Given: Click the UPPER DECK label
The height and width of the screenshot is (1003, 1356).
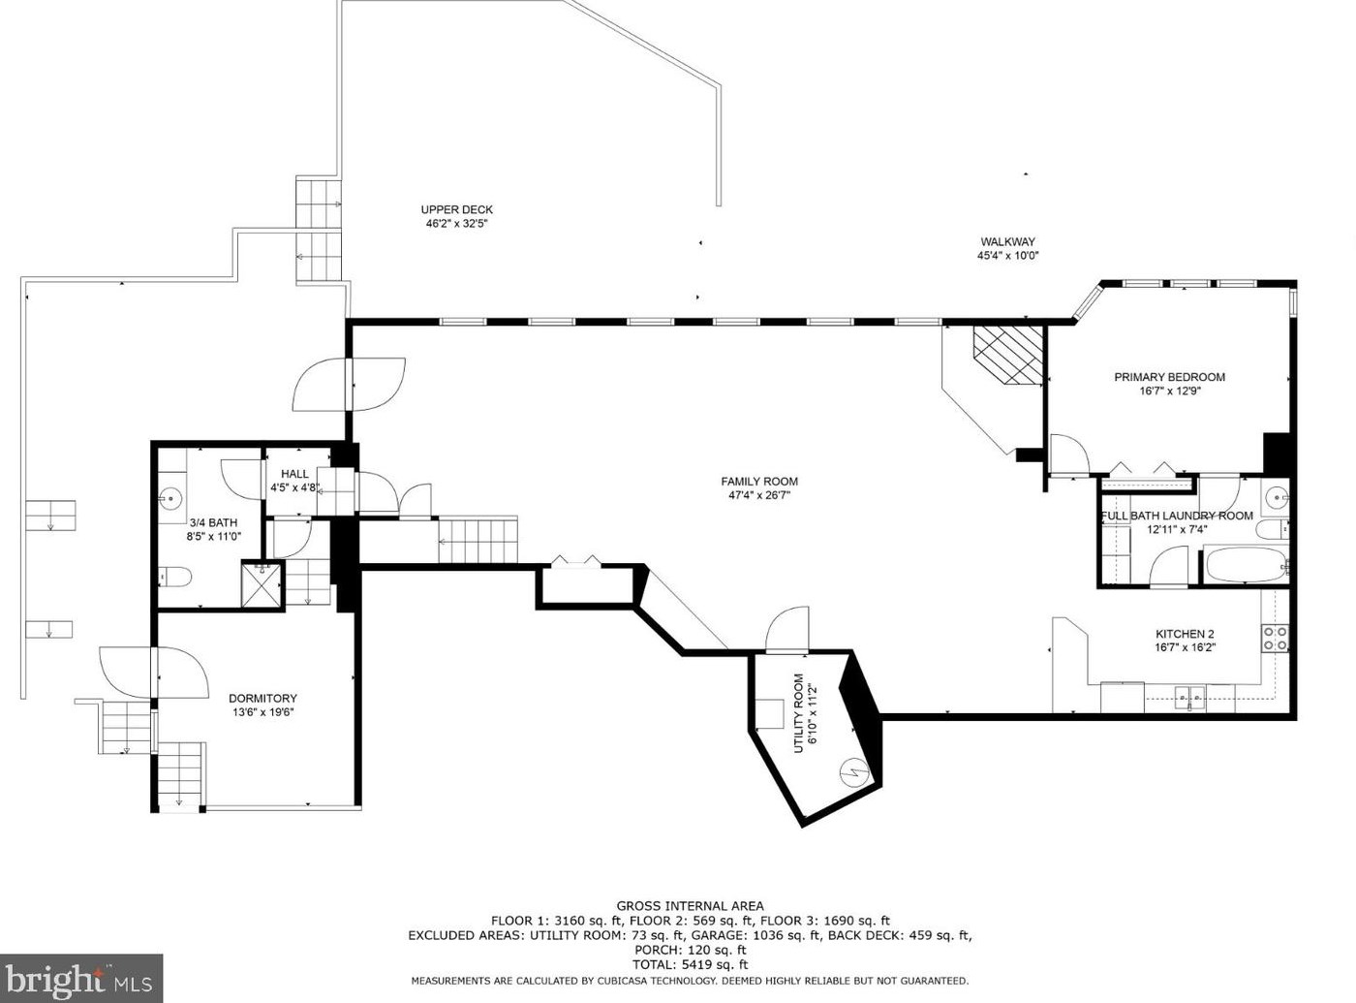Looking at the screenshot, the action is click(x=457, y=210).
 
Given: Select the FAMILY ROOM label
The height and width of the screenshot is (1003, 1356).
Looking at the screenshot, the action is click(x=759, y=482).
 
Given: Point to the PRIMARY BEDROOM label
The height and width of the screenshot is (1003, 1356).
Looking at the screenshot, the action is click(x=1169, y=377).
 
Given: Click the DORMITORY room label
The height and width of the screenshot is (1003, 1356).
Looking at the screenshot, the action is click(x=262, y=699).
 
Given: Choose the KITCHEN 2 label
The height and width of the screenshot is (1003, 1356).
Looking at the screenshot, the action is click(x=1185, y=634).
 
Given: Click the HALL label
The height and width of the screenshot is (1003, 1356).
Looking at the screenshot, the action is click(x=294, y=474).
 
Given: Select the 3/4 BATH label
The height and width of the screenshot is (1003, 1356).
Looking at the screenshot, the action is click(x=213, y=522).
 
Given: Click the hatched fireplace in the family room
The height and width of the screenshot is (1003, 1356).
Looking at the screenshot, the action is click(x=1008, y=355).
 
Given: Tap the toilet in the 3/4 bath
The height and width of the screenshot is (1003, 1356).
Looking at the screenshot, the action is click(x=175, y=577).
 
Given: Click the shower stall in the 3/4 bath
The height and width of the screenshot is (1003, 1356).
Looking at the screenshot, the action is click(x=262, y=583).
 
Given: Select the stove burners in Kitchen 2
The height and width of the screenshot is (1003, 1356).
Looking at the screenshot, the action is click(x=1274, y=638).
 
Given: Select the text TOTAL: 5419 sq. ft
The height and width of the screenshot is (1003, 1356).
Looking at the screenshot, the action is click(x=690, y=965).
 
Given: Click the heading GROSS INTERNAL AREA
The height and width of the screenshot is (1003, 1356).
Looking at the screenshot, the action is click(x=690, y=906).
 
